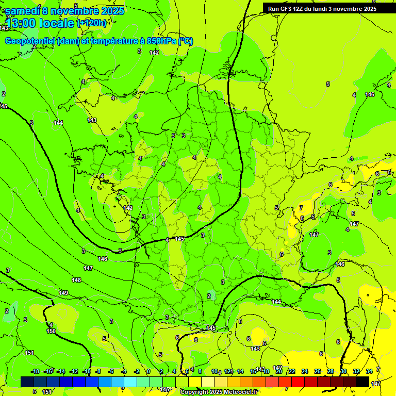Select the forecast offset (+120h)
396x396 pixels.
92,23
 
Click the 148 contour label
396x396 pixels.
76,280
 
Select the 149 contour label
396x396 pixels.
63,293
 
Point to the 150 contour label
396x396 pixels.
51,331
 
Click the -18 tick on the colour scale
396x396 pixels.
35,371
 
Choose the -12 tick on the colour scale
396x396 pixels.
74,371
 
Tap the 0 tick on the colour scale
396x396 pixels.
148,371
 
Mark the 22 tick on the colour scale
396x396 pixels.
291,371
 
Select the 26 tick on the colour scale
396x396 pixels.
317,371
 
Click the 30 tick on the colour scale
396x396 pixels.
343,371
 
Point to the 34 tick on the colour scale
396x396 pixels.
369,371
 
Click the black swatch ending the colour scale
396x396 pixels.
362,382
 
